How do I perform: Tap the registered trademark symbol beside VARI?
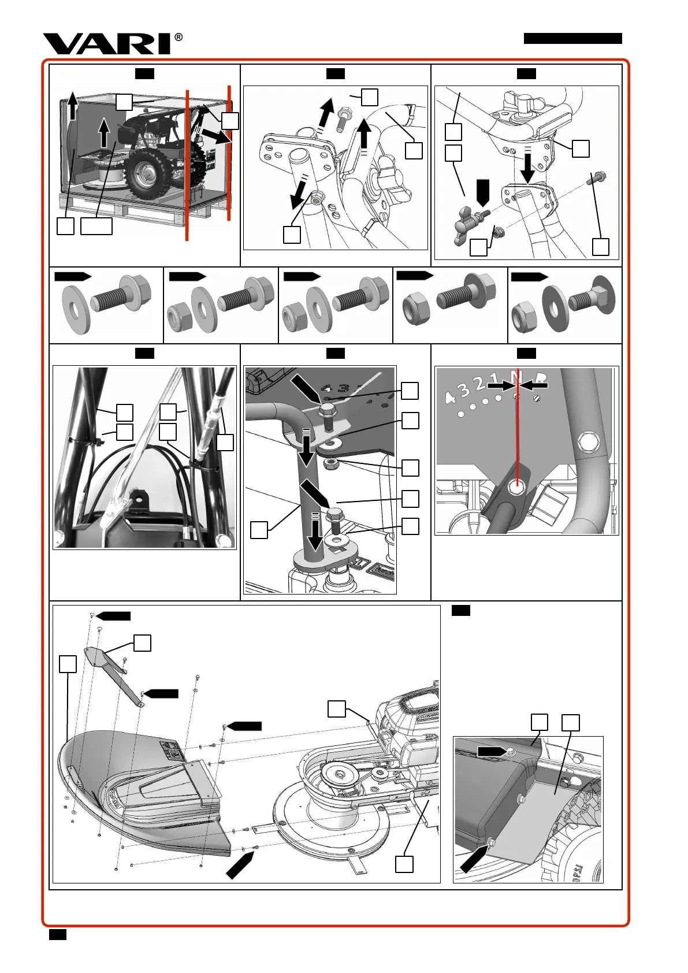tap(178, 38)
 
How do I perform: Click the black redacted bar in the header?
tap(572, 39)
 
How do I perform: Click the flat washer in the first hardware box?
tap(75, 309)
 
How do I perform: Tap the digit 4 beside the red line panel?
tap(450, 398)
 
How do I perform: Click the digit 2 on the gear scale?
tap(481, 383)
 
